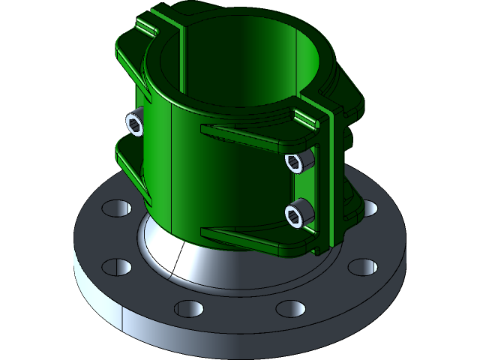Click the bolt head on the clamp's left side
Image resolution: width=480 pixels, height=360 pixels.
135,124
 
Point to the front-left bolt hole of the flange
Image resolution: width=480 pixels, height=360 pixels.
189,307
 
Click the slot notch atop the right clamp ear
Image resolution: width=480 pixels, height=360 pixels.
307,116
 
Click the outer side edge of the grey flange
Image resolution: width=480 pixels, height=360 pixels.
97,300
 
